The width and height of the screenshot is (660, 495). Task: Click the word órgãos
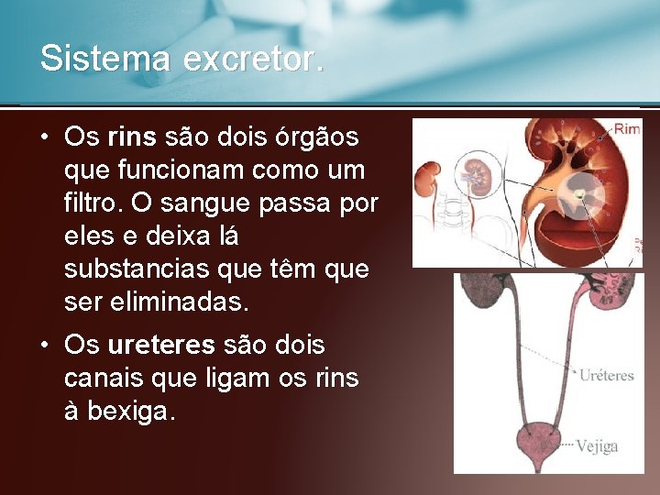tap(315, 137)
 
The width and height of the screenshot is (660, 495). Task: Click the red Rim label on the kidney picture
tap(627, 129)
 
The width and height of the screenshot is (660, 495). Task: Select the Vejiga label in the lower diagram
tap(597, 446)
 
